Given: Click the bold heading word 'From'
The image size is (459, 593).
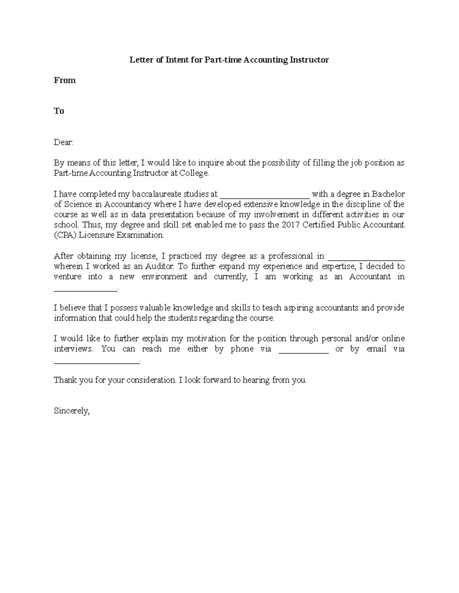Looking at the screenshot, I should (65, 80).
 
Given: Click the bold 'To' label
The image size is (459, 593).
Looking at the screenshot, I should (59, 111).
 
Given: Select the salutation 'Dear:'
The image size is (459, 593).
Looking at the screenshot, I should (63, 142).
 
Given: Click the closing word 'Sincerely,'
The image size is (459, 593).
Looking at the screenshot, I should (72, 411).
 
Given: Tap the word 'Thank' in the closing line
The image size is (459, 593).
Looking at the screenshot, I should (65, 380).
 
